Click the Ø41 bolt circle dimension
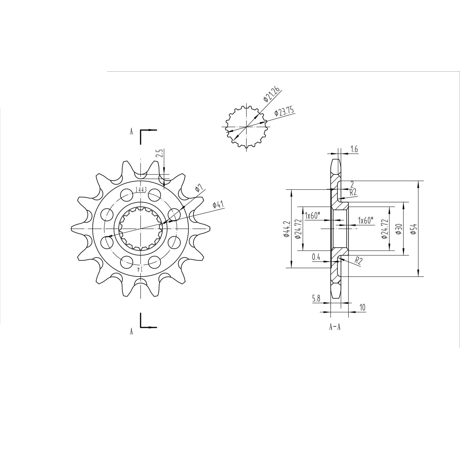[x=218, y=204]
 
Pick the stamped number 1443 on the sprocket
[x=141, y=190]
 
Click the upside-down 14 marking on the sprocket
[x=140, y=269]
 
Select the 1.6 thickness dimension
[x=354, y=149]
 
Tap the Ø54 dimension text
[x=414, y=229]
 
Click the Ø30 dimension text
[x=398, y=229]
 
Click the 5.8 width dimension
[x=316, y=299]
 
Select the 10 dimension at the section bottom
[x=362, y=308]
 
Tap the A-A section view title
[x=335, y=327]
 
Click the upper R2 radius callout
[x=353, y=192]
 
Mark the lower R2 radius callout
[x=358, y=260]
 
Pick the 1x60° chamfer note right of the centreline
[x=365, y=220]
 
